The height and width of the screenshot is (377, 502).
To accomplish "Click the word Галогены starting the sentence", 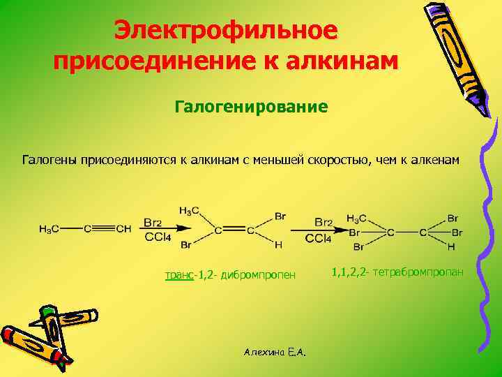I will point(50,161).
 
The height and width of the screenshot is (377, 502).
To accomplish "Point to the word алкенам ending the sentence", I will point(432,161).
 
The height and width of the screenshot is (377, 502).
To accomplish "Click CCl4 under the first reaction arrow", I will point(158,238).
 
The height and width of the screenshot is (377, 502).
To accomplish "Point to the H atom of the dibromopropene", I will point(279,244).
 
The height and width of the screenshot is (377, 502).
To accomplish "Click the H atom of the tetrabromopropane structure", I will point(451,246).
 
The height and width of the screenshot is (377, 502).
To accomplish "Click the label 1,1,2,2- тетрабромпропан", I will point(398,269).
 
